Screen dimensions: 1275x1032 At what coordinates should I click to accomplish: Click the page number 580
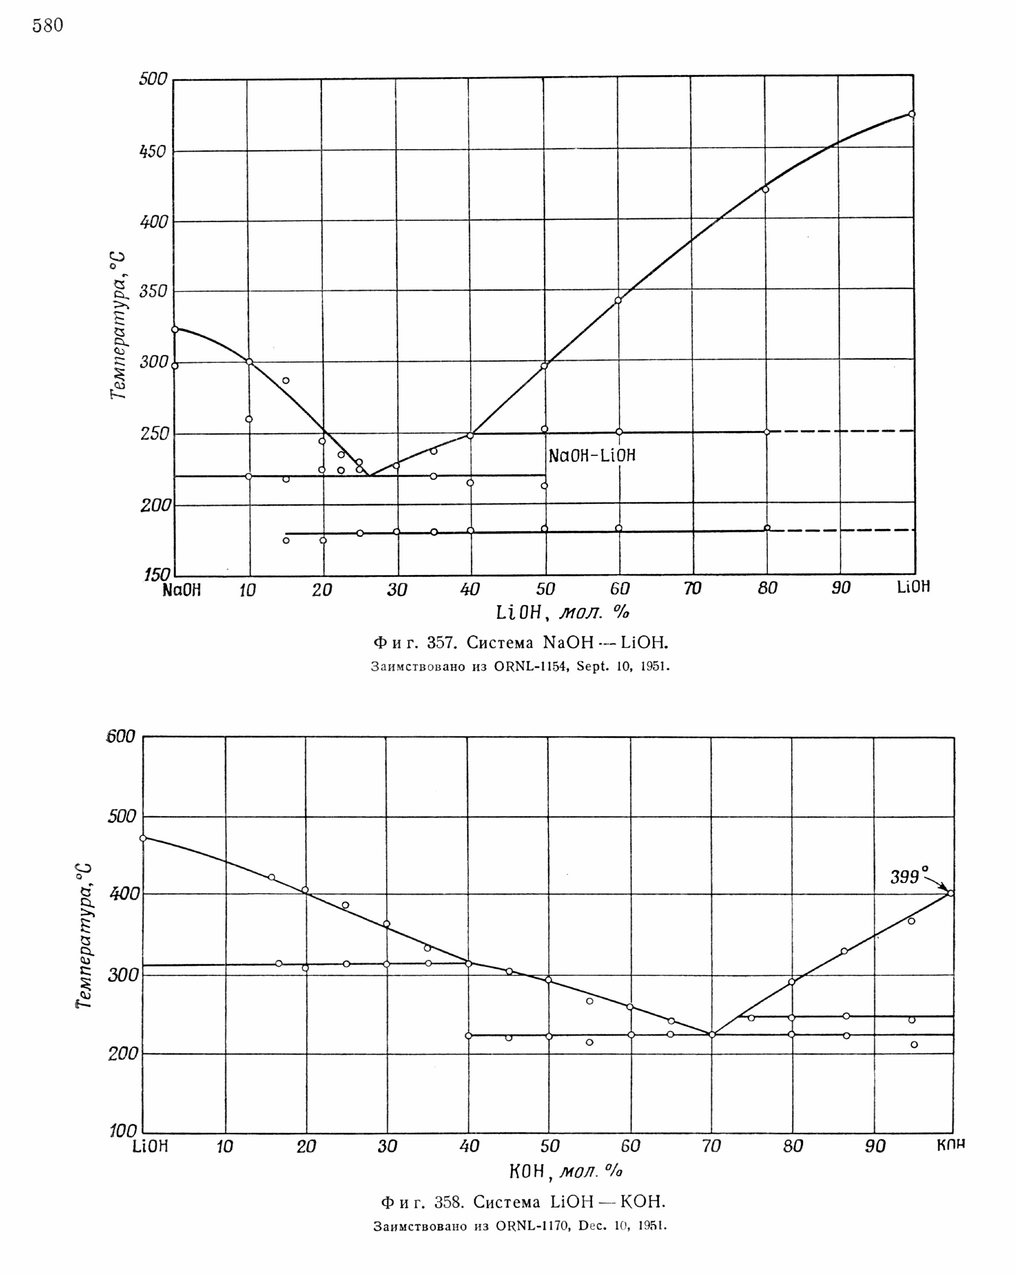(48, 25)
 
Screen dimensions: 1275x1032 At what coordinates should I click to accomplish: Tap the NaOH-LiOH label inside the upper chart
(592, 456)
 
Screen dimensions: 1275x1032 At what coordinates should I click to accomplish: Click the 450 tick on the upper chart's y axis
(153, 152)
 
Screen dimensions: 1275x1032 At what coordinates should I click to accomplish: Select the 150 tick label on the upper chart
(157, 575)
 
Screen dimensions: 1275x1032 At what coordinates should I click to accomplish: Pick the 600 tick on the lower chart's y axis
(121, 737)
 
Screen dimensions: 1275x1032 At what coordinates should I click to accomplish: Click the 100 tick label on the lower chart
(123, 1131)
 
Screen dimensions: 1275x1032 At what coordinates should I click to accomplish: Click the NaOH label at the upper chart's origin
(182, 590)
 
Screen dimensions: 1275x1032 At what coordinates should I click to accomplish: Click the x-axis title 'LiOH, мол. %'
(562, 612)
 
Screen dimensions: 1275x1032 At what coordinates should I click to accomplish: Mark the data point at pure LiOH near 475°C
(912, 114)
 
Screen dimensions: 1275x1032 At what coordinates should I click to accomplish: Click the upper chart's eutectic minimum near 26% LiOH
(369, 475)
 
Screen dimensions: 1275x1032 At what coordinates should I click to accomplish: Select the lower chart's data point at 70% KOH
(712, 1034)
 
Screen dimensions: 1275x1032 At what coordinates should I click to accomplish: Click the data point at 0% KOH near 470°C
(143, 838)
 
